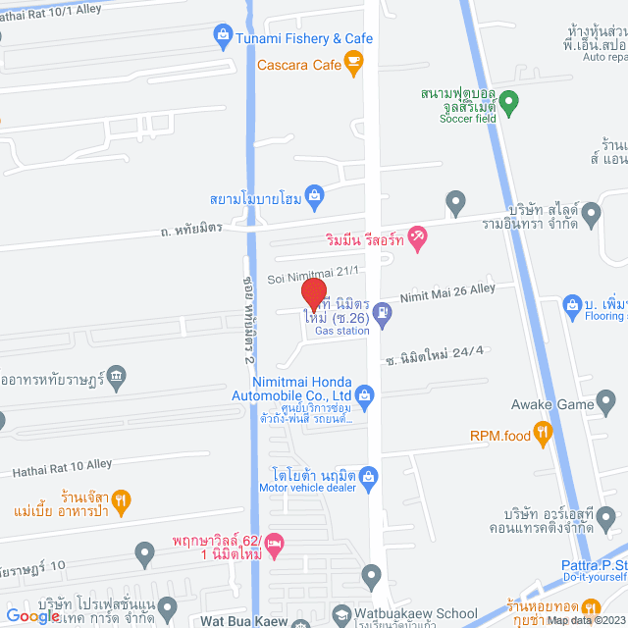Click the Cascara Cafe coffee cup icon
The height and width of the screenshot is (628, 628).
353,66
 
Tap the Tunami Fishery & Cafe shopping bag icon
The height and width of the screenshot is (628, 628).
223,38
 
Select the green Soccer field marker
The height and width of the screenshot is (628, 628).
508,100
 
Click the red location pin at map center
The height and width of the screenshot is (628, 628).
313,293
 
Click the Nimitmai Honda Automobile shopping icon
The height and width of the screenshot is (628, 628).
365,396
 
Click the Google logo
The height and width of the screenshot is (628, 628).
31,615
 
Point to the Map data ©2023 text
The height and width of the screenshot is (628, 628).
585,620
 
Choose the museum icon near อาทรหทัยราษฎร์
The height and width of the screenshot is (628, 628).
117,375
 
